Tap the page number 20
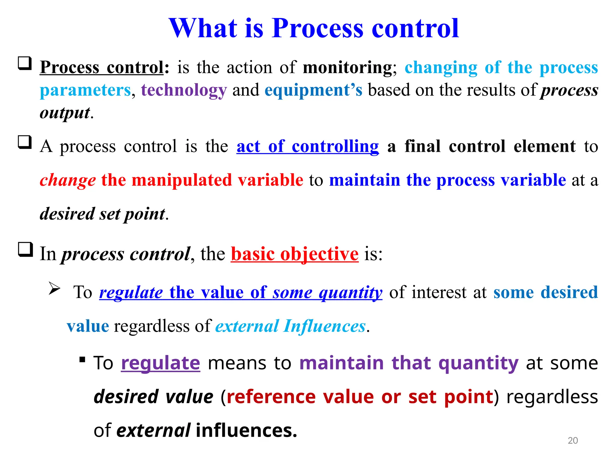coord(573,440)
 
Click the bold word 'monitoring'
coord(347,67)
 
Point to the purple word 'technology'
coord(184,90)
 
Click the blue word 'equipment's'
coord(314,90)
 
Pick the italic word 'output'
coord(65,113)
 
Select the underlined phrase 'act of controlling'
coord(307,146)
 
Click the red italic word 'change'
coord(68,180)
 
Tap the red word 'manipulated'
coord(182,180)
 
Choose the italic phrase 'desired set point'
coord(102,214)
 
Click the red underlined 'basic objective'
coord(295,254)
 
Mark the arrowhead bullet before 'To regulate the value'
coord(54,289)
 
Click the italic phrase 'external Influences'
coord(290,326)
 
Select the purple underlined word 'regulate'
coord(160,363)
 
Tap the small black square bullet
coord(82,359)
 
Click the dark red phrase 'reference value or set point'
coord(360,397)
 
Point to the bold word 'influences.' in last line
coord(246,430)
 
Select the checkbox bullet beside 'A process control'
coord(25,142)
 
